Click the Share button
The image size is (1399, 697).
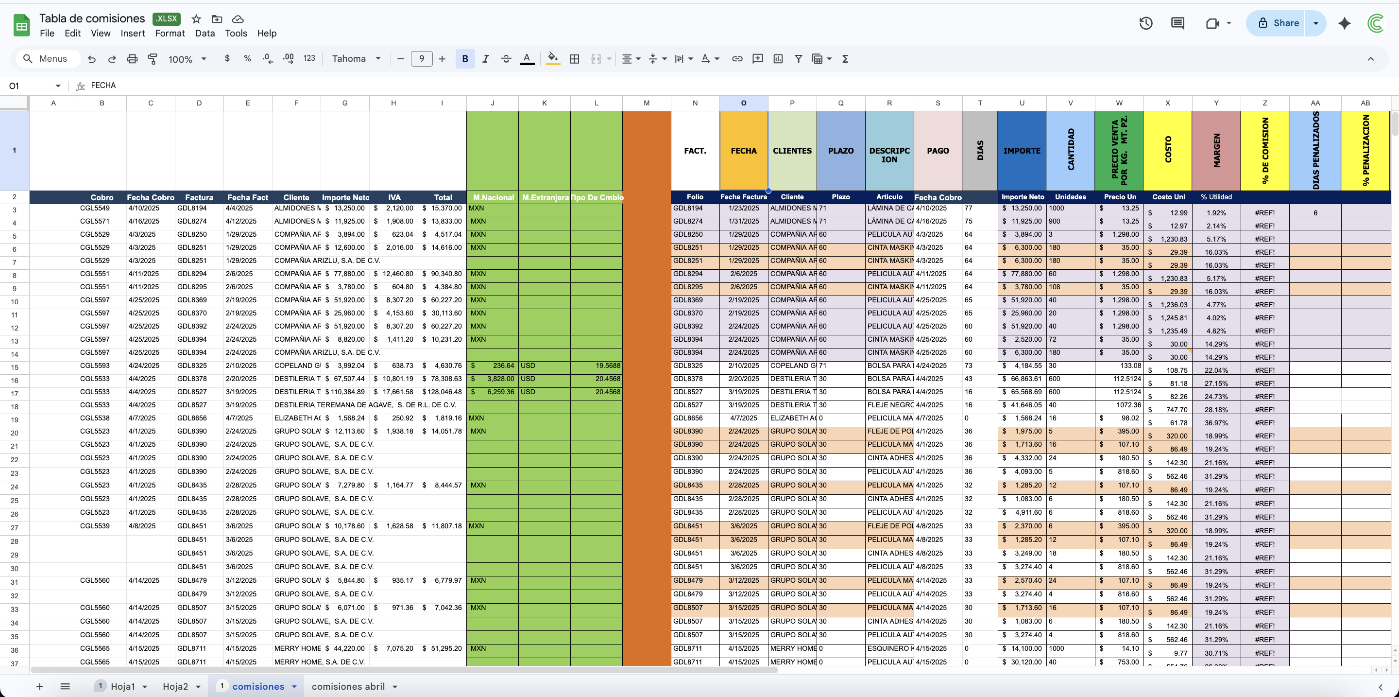[x=1276, y=23]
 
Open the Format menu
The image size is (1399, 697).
[x=170, y=33]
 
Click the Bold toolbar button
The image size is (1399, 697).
[x=465, y=59]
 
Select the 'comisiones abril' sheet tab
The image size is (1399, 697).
[x=348, y=686]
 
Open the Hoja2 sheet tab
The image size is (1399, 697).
[x=175, y=686]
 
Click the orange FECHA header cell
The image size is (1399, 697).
[x=744, y=151]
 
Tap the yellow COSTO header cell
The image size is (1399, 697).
[x=1168, y=151]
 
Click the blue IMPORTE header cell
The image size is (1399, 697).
[x=1022, y=151]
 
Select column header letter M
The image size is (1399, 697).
[x=646, y=103]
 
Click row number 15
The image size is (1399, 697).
[x=14, y=367]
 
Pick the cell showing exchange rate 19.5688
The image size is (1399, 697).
[x=597, y=366]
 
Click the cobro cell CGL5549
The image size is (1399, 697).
[x=95, y=208]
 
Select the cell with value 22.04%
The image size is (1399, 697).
[x=1216, y=370]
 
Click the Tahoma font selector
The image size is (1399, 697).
[x=356, y=59]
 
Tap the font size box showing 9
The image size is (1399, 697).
[x=422, y=59]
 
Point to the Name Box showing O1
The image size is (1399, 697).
[x=33, y=86]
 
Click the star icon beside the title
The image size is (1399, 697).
[x=197, y=19]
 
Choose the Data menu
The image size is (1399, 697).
[x=205, y=33]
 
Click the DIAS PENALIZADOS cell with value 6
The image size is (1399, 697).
[x=1315, y=212]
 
